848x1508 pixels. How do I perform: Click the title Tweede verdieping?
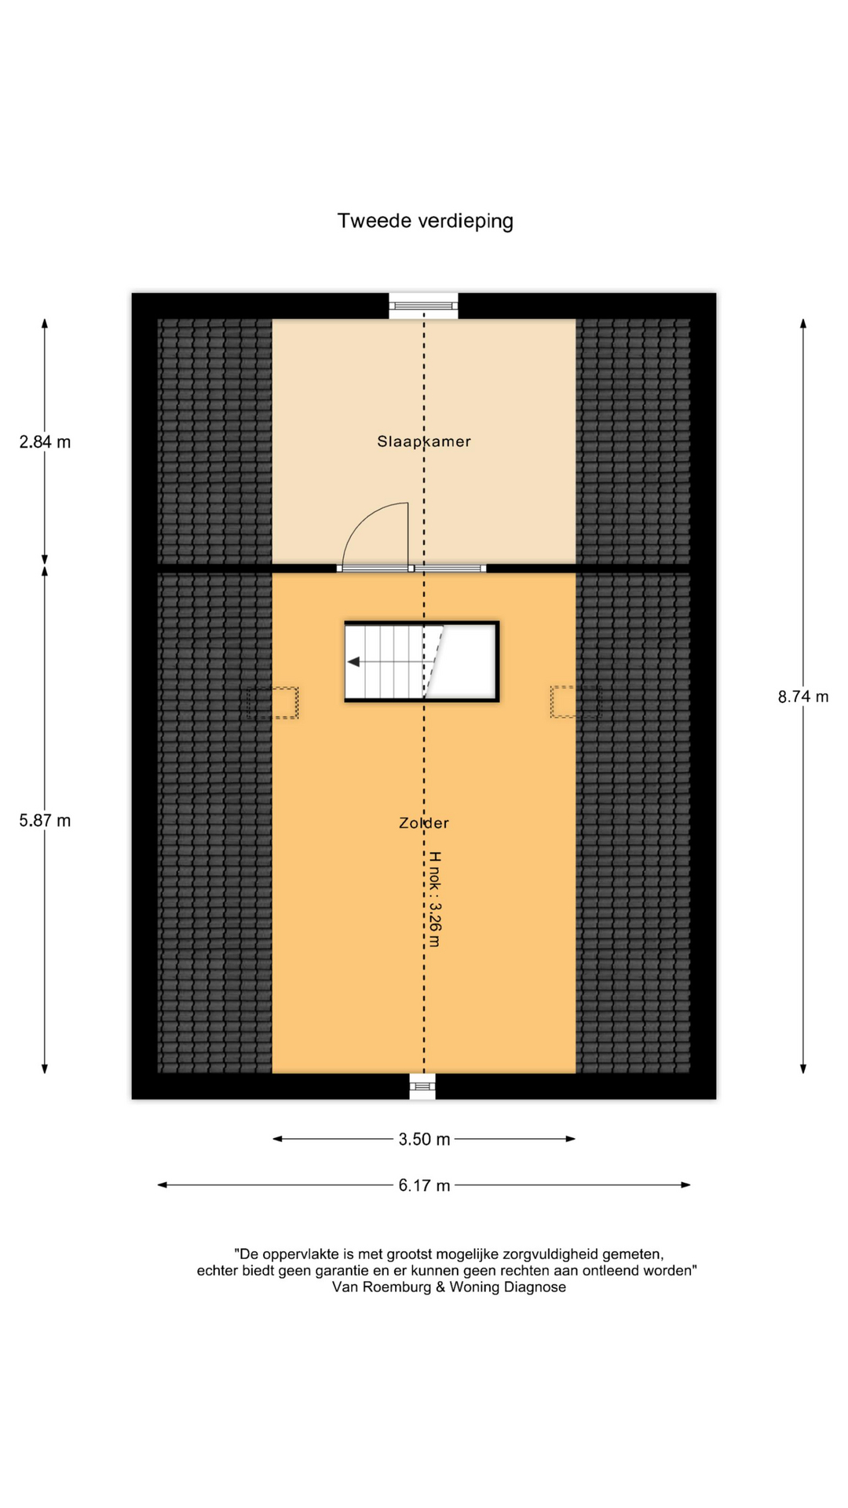425,221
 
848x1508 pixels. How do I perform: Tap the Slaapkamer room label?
424,441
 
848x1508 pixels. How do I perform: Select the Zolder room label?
424,823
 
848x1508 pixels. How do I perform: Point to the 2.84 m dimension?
45,442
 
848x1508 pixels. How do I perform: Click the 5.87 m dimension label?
45,821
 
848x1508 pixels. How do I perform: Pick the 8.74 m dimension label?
803,697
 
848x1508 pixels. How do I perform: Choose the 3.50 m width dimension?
424,1140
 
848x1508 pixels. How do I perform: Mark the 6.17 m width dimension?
424,1185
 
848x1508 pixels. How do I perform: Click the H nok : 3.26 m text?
434,899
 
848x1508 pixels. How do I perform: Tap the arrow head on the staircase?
353,662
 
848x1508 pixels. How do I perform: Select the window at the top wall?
423,306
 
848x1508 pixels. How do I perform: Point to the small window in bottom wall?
422,1086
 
